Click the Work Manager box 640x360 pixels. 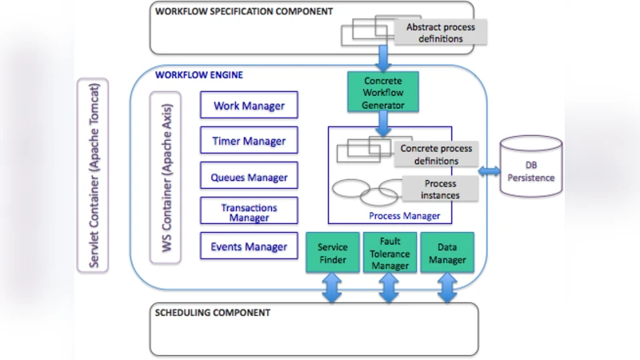249,106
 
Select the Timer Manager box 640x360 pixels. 249,142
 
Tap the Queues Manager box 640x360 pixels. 249,178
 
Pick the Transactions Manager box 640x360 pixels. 249,212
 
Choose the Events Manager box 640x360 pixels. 249,246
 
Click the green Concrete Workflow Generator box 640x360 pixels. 383,93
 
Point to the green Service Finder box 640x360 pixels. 332,253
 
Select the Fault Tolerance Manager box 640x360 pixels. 390,253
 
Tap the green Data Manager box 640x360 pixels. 446,253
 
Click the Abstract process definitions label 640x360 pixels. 440,33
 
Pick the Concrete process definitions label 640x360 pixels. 436,154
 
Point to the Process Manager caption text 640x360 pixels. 404,216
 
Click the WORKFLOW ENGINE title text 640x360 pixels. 199,75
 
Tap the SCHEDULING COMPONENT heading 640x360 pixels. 212,312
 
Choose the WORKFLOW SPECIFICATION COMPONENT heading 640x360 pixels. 244,12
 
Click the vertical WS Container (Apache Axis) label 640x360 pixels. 167,177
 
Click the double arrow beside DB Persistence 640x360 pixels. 489,171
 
